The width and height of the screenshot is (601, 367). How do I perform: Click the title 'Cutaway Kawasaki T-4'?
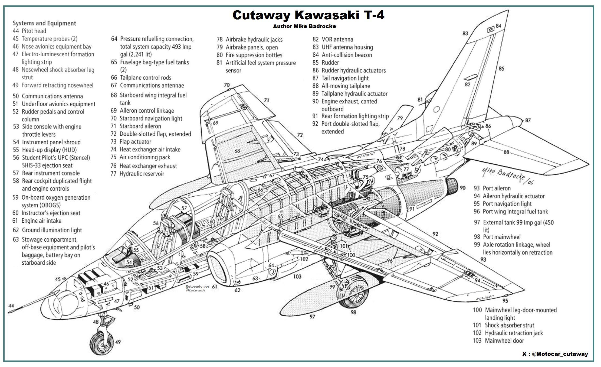[308, 15]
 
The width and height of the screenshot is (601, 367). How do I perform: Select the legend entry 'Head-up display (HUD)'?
[49, 150]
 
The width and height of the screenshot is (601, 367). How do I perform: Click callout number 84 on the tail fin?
[498, 26]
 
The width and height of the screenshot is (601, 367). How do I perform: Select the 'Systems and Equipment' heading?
[44, 23]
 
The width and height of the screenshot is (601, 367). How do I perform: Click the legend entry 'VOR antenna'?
[337, 39]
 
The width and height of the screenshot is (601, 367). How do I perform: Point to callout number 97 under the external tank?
[312, 316]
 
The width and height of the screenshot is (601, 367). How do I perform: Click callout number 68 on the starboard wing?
[237, 151]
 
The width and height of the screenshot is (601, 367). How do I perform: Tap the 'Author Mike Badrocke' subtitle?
[304, 26]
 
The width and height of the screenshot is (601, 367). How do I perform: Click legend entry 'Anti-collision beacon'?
[346, 55]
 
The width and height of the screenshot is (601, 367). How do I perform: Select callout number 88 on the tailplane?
[506, 152]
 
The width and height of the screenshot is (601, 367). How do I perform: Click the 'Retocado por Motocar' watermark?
[197, 288]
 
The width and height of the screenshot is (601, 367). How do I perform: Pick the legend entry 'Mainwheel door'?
[504, 341]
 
